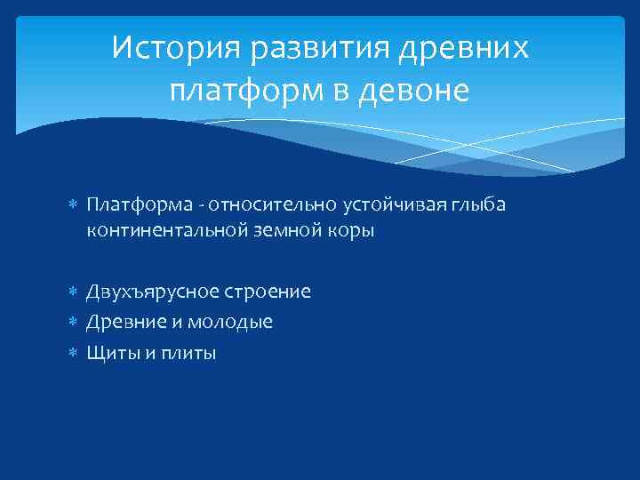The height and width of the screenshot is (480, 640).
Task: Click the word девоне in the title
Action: click(414, 91)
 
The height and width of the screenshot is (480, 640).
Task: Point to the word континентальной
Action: click(160, 231)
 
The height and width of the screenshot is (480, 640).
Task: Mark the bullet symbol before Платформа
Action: click(74, 206)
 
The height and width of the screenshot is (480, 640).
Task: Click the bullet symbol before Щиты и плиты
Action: click(74, 354)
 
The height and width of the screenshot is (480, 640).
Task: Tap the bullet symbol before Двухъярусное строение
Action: click(74, 292)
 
